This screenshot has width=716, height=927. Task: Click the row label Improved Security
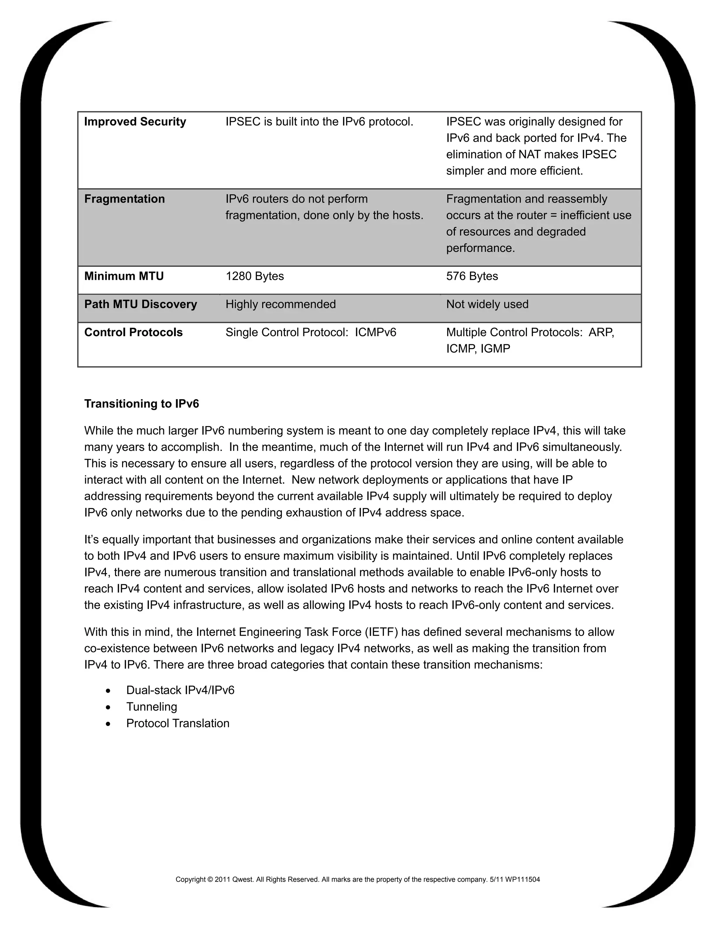coord(135,122)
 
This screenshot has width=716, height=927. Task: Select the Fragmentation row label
coord(124,199)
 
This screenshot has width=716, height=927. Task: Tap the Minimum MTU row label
coord(124,276)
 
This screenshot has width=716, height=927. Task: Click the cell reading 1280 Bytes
coord(255,276)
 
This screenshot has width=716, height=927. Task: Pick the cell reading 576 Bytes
coord(472,276)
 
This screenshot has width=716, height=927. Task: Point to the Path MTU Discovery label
coord(141,304)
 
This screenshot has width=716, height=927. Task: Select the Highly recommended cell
coord(280,304)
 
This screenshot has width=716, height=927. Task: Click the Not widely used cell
coord(487,304)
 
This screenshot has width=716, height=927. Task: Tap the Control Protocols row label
coord(133,332)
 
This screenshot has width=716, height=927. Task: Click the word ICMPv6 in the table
coord(375,332)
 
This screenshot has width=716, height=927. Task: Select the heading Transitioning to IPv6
coord(141,404)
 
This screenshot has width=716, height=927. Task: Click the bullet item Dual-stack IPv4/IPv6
coord(180,690)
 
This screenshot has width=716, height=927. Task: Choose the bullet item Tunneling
coord(151,707)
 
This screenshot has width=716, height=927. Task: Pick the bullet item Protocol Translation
coord(178,723)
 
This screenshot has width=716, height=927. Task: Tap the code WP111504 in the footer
coord(523,879)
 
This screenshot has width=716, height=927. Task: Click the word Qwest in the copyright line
coord(242,879)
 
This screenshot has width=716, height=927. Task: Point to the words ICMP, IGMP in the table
coord(478,349)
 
